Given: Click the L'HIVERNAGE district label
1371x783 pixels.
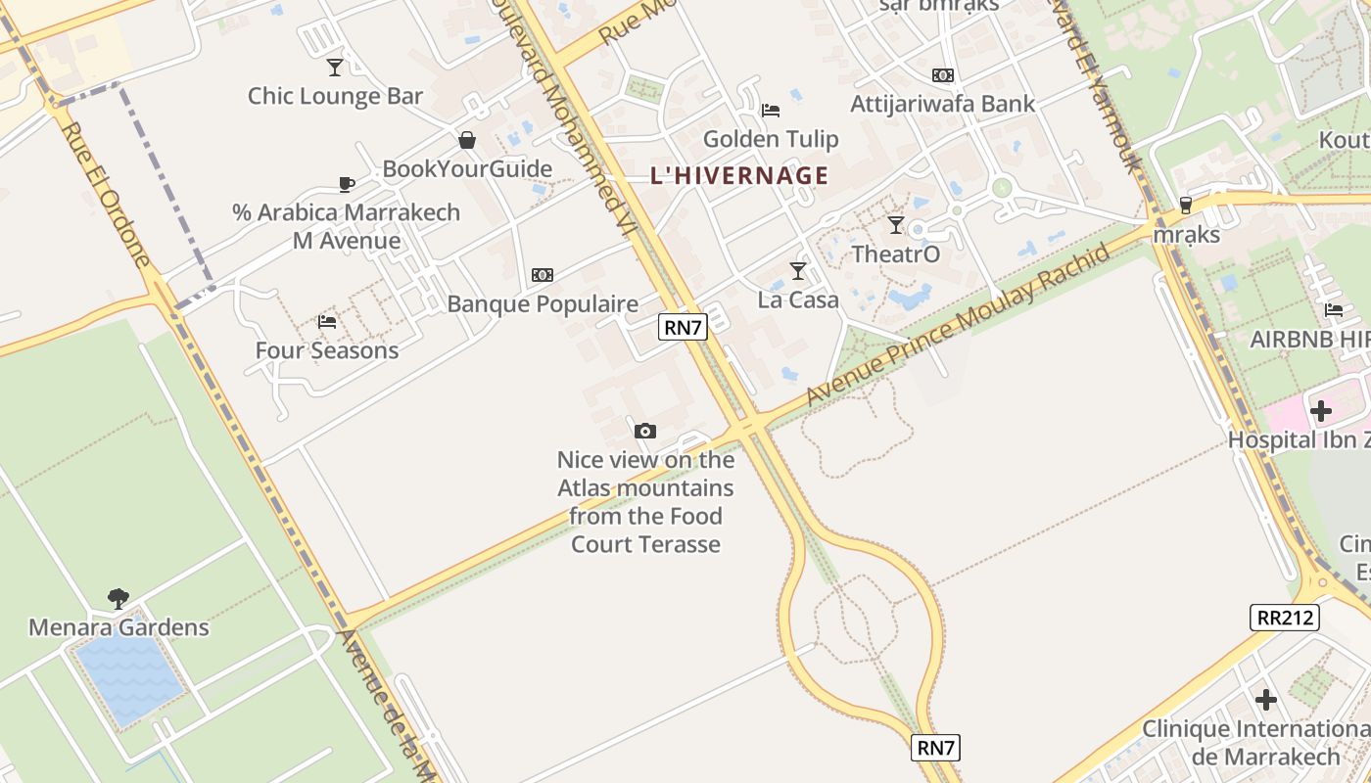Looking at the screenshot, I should (x=739, y=176).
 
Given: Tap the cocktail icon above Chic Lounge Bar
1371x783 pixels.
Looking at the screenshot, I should (x=335, y=67).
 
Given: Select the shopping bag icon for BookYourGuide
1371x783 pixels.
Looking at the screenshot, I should (x=467, y=140).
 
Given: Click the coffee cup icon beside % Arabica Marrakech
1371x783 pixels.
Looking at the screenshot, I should (x=346, y=183).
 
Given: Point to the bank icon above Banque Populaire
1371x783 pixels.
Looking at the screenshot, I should (x=542, y=275).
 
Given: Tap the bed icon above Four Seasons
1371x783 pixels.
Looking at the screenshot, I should (x=327, y=321).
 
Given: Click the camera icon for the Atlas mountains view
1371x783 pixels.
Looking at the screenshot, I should (x=644, y=431).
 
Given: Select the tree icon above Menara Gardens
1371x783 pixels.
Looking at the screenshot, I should (x=118, y=597).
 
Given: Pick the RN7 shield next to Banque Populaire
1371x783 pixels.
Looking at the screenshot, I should (x=683, y=327).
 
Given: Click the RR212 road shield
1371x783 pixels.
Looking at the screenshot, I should (x=1284, y=617).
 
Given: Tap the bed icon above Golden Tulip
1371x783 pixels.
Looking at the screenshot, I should (x=771, y=110).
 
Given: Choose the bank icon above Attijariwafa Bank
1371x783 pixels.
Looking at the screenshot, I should (x=943, y=75).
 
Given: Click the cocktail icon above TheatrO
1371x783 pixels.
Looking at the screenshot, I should (x=895, y=225).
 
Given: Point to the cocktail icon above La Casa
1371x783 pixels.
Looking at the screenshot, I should (x=798, y=270).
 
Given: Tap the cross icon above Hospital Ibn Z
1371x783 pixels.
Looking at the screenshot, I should (x=1321, y=411).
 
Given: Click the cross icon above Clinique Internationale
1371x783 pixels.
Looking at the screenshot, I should (x=1266, y=700).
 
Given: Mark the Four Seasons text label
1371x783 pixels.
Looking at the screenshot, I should (x=327, y=350).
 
